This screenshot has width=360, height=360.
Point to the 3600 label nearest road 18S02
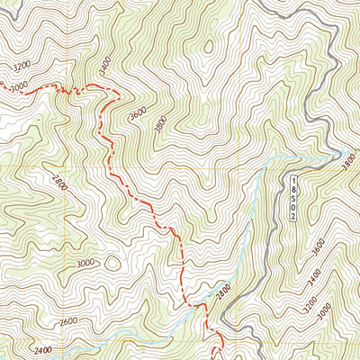(x=318, y=245)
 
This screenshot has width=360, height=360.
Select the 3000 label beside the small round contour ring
(x=85, y=263)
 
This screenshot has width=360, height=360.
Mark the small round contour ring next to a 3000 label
(x=112, y=265)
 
